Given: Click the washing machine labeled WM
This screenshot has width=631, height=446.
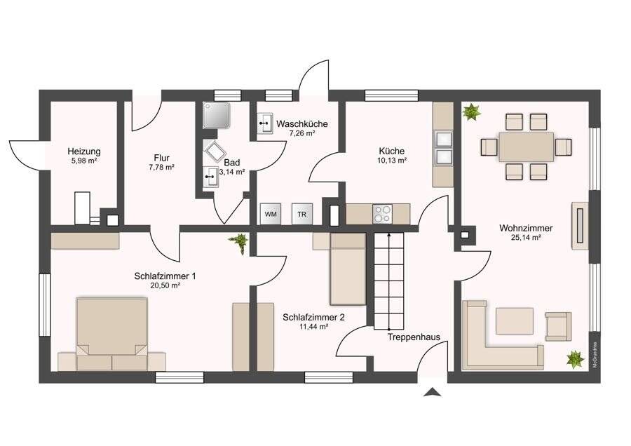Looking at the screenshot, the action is pos(271,214).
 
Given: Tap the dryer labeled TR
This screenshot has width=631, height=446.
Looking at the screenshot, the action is pos(301,214).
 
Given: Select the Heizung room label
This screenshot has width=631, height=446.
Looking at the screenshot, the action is pos(83,151).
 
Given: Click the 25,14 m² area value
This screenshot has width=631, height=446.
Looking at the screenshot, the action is pos(526,238).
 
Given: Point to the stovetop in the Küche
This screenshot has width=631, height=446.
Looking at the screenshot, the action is pos(382,214).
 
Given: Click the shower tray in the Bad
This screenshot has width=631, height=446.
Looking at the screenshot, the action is pos(217,115).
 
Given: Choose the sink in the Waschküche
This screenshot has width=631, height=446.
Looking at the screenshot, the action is pos(265,123).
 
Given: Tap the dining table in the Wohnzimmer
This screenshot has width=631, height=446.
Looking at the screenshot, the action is pos(526,147).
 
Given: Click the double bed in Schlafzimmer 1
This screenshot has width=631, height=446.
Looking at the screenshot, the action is pos(112,333).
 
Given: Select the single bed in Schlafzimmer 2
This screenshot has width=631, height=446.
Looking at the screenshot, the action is pos(348,269).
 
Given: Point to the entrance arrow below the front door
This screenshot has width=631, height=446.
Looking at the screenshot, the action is pos(432,392).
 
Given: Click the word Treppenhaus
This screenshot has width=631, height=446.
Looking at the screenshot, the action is pos(414,337).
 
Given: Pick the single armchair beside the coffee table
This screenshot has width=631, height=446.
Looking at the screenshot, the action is pos(558,326).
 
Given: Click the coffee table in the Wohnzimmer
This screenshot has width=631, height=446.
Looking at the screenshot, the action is pos(515,320).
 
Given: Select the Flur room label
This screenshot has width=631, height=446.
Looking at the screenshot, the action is pos(161,158).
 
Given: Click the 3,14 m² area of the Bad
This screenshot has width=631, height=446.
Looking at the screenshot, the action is pos(232,172).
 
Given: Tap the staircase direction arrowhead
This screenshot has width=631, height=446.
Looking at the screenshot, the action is pos(388,233).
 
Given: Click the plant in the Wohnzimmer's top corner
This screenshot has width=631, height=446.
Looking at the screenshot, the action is pos(471,112).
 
